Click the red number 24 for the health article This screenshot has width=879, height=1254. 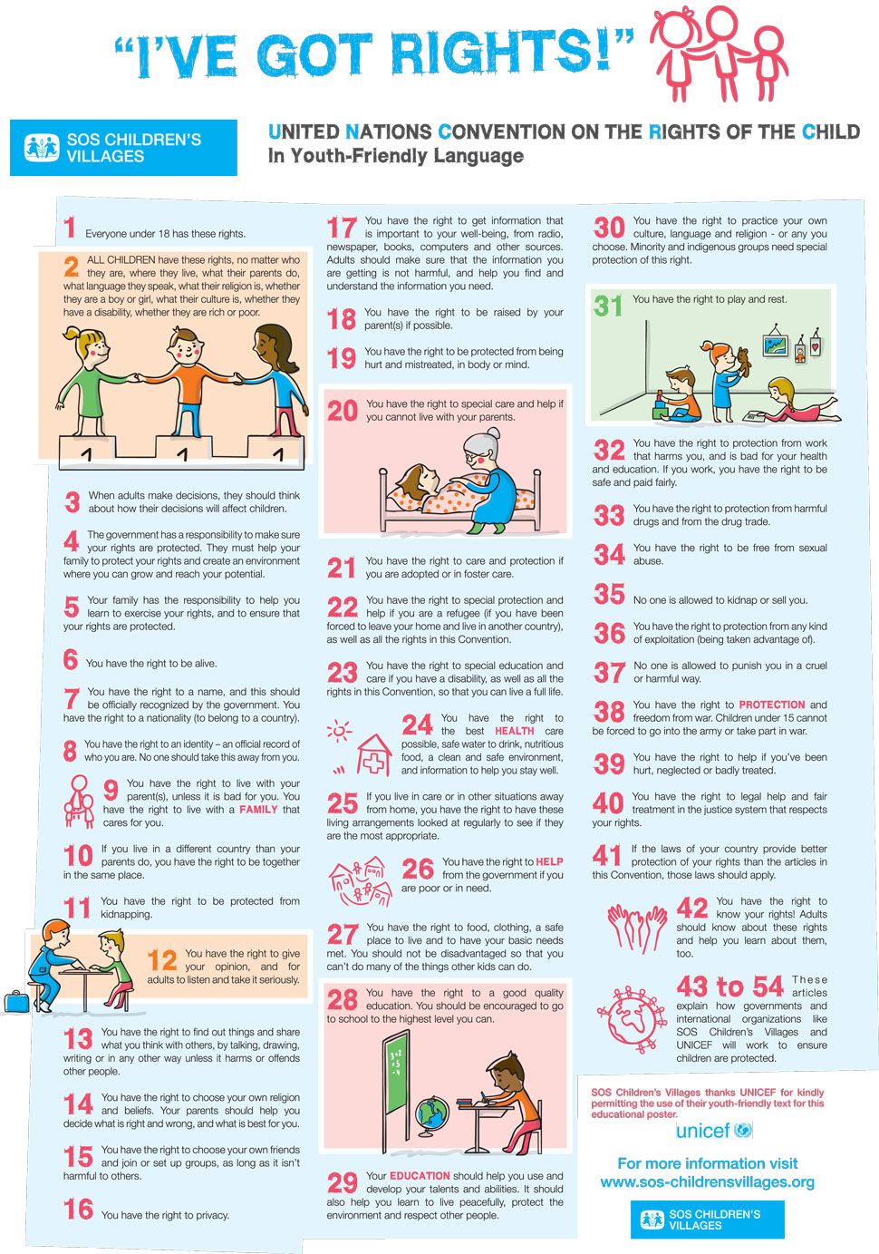(417, 725)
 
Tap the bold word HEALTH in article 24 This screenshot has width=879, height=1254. (514, 731)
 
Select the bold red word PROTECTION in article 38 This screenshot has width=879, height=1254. (771, 705)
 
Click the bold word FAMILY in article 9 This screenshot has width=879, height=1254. (258, 810)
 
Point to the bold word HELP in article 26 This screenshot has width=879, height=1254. (549, 862)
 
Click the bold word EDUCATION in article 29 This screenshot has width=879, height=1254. (420, 1176)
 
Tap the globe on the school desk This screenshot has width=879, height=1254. (431, 1113)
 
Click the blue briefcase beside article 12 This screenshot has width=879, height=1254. (15, 1001)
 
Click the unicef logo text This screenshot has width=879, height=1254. (702, 1131)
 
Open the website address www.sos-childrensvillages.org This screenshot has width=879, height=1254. (707, 1182)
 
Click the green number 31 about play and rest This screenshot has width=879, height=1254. (608, 306)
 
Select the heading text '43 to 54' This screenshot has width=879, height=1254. (729, 987)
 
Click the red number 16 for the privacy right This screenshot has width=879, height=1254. (78, 1210)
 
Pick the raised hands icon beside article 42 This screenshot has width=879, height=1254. (636, 927)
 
